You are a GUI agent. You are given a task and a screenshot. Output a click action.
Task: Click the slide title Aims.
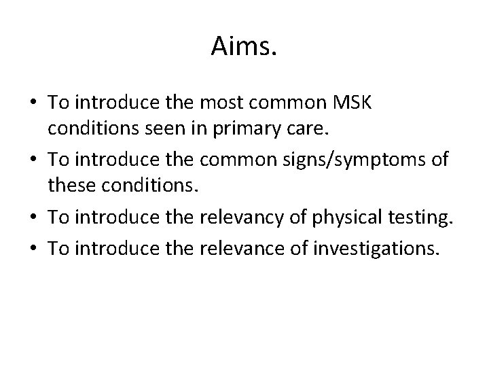click(244, 46)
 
